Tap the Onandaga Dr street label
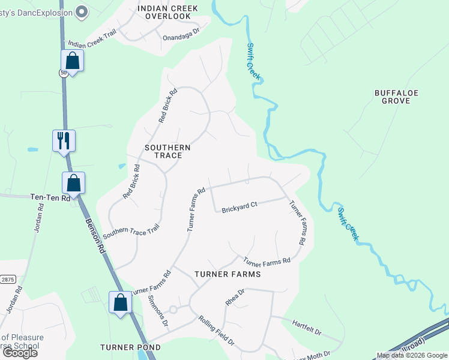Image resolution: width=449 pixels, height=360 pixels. click(x=181, y=37)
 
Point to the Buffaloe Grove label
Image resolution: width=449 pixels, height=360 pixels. click(x=396, y=97)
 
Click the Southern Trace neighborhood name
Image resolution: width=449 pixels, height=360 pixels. click(x=167, y=151)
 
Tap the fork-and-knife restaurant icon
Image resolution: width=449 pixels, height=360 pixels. click(x=64, y=141)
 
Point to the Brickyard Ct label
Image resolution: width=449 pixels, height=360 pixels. click(x=239, y=208)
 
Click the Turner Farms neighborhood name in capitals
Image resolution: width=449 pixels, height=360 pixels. click(x=228, y=274)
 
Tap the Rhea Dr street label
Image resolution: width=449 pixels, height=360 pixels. click(x=235, y=298)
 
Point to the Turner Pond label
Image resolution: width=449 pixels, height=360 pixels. click(x=130, y=347)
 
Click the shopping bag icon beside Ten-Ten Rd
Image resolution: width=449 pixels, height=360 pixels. click(x=73, y=182)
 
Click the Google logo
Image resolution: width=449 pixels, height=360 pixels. click(x=20, y=352)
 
